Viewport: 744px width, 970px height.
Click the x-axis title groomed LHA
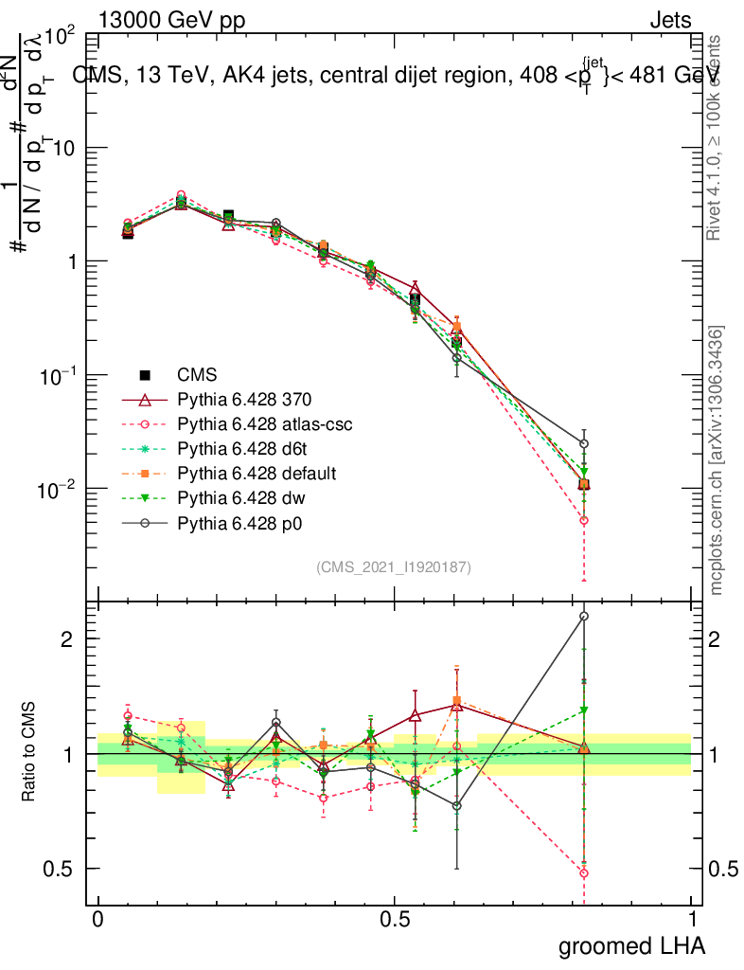pos(631,945)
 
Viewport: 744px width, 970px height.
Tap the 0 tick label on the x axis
pos(98,920)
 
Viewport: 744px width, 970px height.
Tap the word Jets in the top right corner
pos(670,20)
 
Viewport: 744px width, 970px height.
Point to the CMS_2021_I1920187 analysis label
pos(394,566)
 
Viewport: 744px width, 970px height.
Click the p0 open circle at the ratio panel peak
pos(584,616)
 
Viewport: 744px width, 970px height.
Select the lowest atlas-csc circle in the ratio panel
pos(584,873)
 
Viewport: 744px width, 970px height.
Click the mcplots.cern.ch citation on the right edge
pos(717,461)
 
